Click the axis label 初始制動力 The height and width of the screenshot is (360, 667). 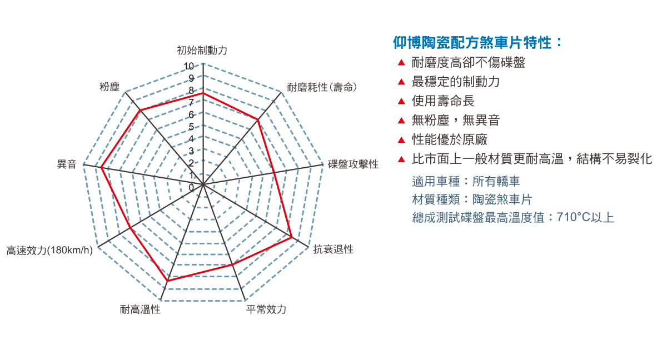tap(202, 51)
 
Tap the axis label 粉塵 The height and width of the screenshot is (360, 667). tap(109, 87)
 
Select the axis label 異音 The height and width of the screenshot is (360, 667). tap(67, 164)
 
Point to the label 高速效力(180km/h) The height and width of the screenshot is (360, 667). tap(49, 251)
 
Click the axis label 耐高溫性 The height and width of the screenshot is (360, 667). tap(140, 309)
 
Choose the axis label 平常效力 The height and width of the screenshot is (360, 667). tap(266, 309)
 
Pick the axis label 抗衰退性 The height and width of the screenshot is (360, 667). tap(333, 249)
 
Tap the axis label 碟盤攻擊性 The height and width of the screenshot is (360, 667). tap(353, 164)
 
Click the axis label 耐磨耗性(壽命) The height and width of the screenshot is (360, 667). tap(322, 87)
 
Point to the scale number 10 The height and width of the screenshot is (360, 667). tap(189, 66)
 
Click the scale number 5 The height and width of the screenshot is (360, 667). tap(191, 127)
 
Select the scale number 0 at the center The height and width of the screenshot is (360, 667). tap(191, 187)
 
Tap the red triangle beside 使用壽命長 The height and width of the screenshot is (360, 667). tap(401, 102)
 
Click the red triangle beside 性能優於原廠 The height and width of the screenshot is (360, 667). tap(401, 140)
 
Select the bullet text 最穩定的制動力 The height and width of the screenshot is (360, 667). tap(456, 82)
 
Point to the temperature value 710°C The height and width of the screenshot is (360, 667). tap(574, 217)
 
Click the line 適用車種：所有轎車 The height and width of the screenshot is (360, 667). tap(466, 181)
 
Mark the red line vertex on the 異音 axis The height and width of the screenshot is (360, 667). tap(101, 168)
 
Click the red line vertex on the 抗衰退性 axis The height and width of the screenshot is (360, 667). tap(292, 237)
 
